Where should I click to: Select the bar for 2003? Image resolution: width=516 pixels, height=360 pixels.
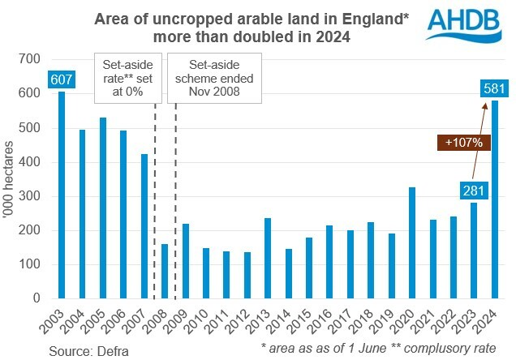click(60, 195)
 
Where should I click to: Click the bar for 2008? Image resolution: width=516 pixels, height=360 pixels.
click(165, 271)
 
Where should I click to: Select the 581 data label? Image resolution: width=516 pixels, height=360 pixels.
click(492, 89)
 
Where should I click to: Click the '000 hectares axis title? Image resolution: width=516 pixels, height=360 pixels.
click(11, 178)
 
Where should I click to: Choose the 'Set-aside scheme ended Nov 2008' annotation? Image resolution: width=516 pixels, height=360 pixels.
click(213, 79)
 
